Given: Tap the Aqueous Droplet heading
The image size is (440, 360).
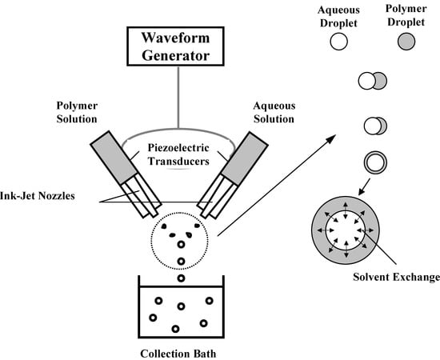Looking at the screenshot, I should [x=336, y=16].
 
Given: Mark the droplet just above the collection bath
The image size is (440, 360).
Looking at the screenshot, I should [x=181, y=278].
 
